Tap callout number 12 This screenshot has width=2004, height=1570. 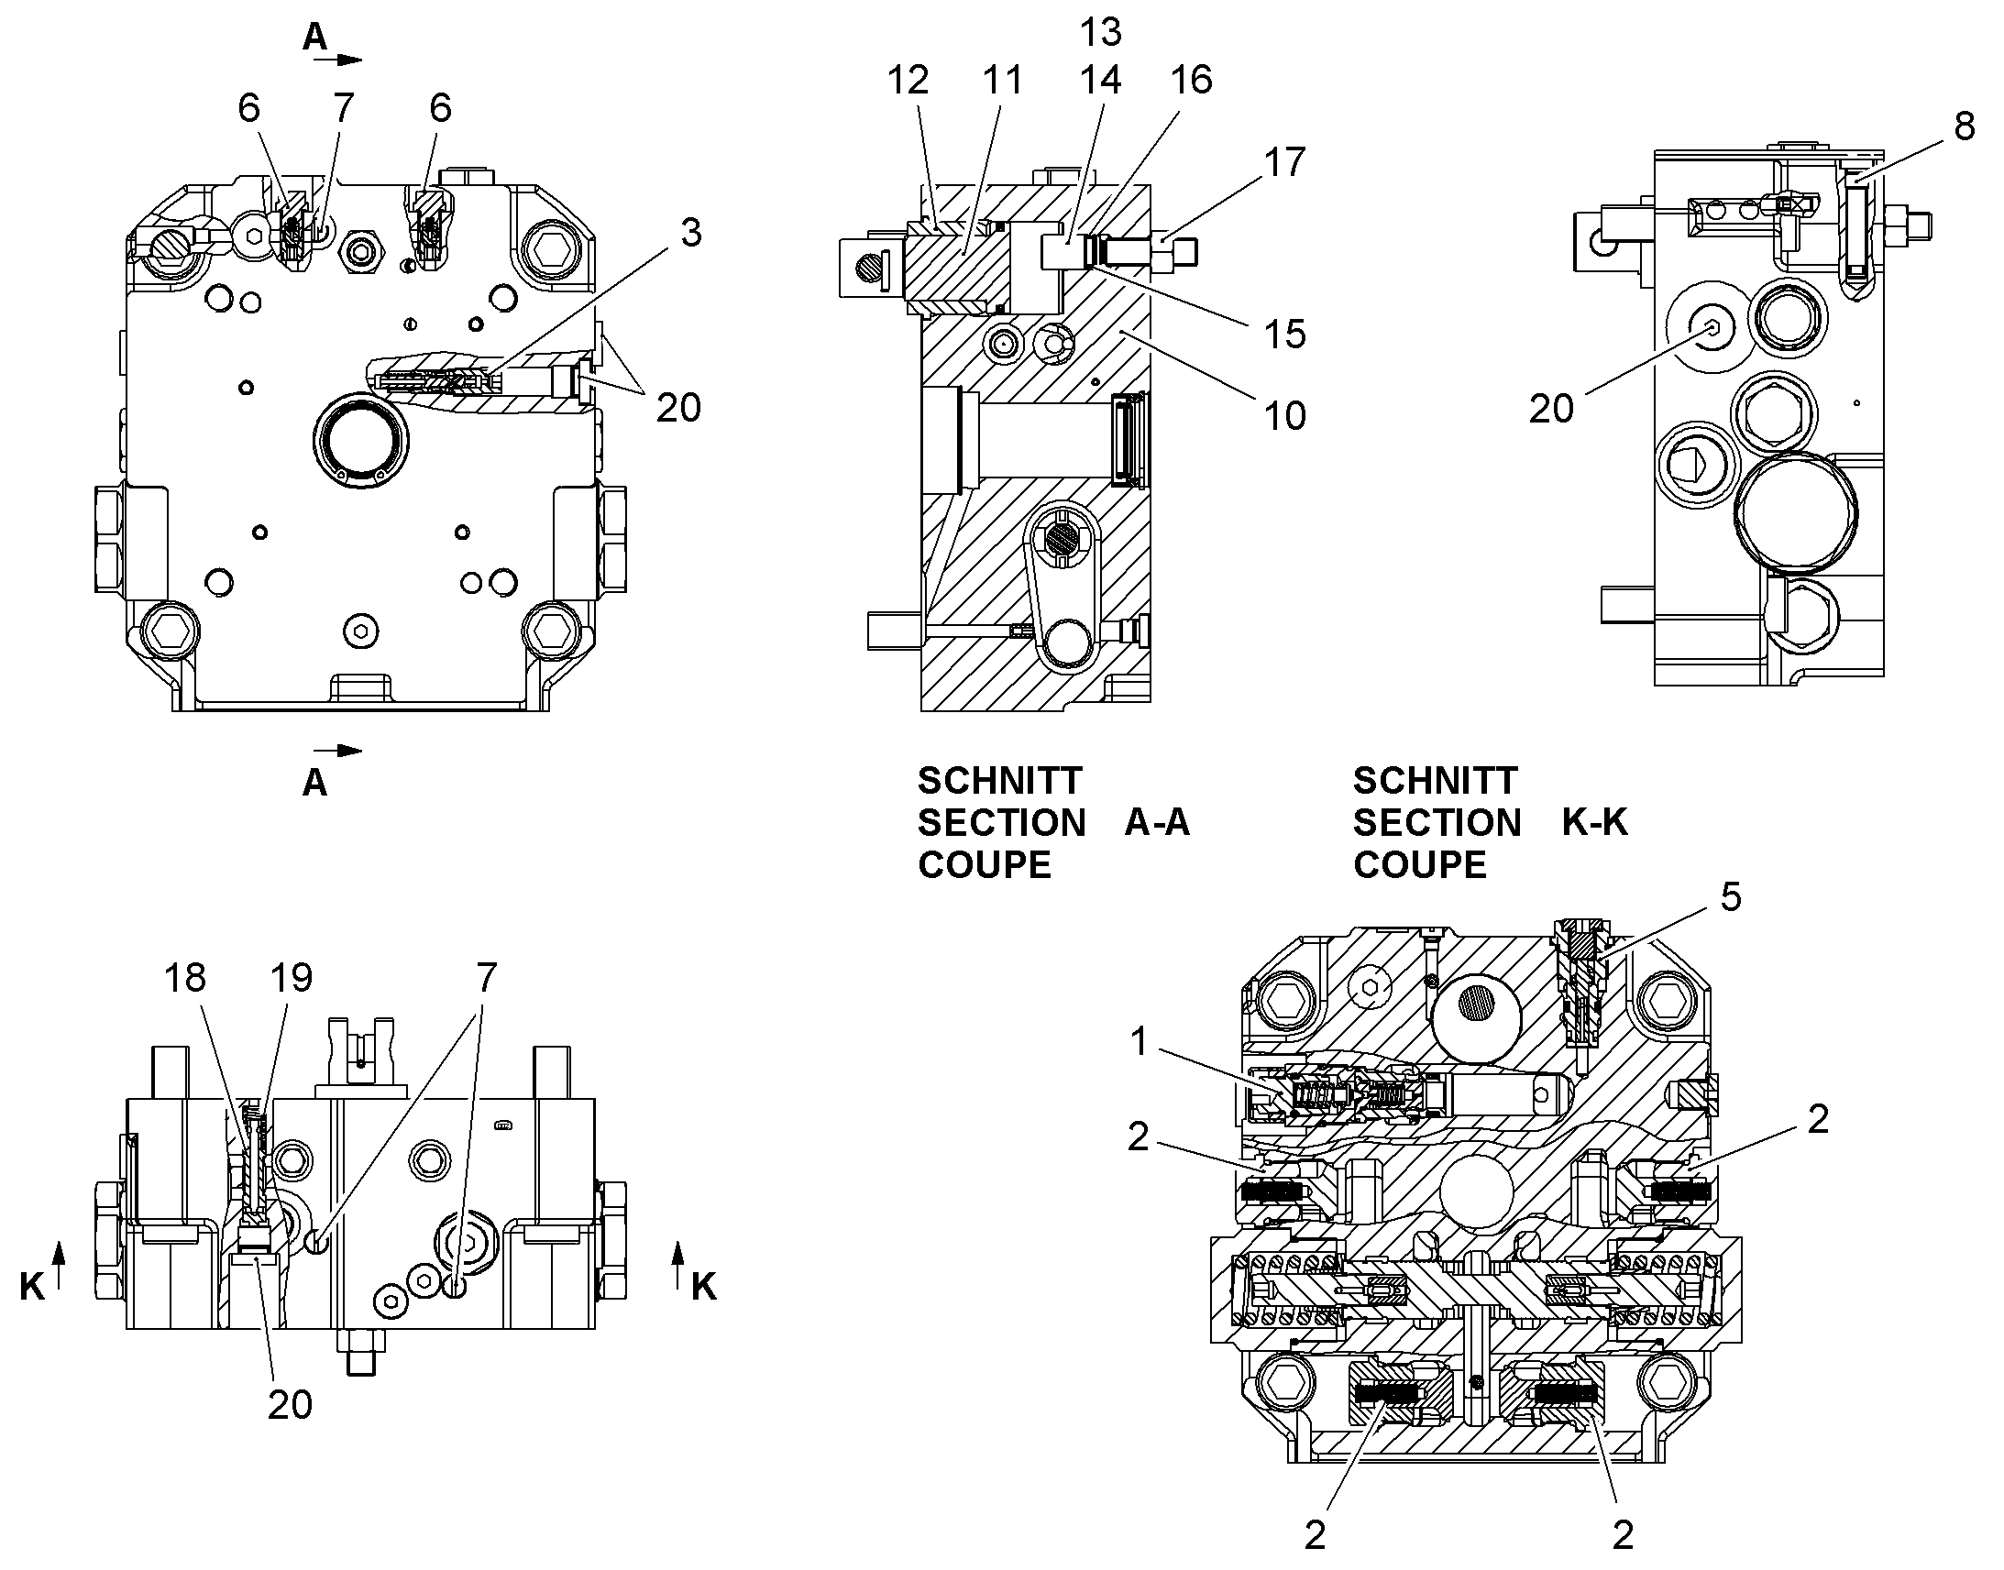(908, 81)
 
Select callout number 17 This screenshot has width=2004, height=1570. (1284, 163)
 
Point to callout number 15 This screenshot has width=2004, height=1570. (1284, 335)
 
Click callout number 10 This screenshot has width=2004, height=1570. (1284, 416)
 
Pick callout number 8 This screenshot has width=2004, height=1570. (1964, 126)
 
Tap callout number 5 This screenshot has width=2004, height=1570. (1731, 896)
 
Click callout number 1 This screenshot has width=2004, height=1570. (1139, 1041)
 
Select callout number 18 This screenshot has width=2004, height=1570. (185, 978)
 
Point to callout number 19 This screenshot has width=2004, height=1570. (292, 978)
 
